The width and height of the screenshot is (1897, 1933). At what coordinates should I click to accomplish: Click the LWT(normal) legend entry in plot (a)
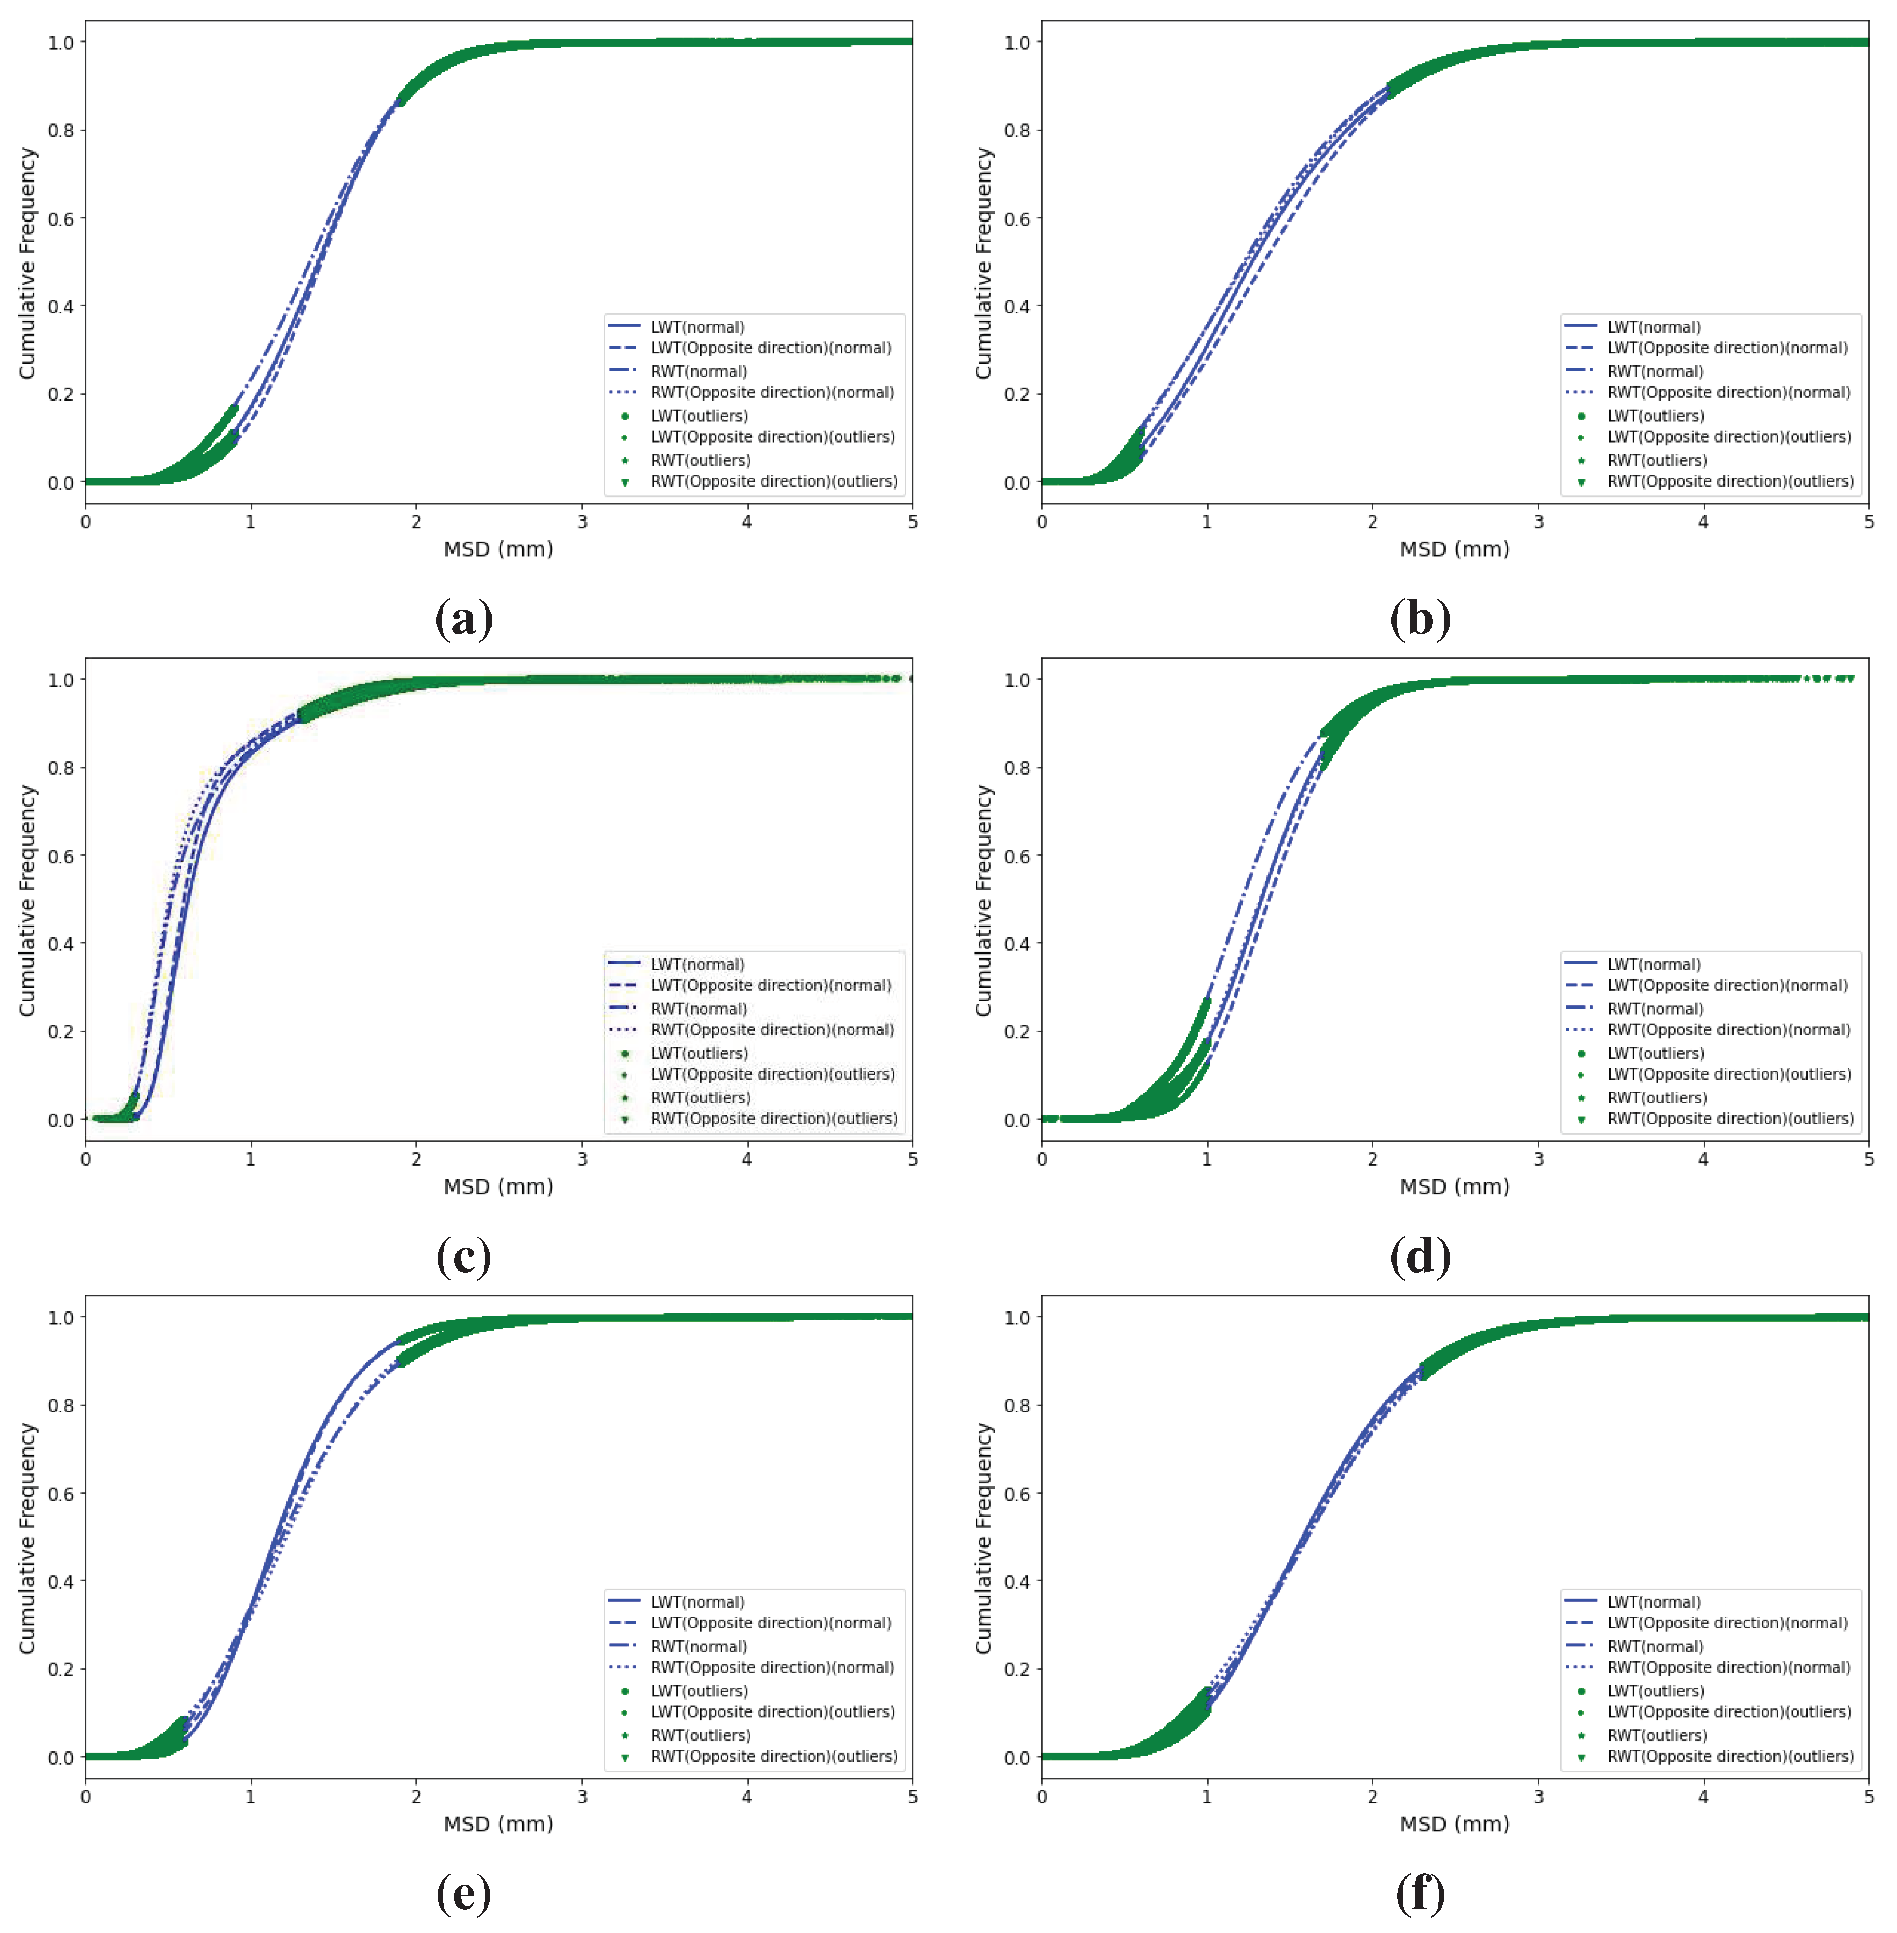click(698, 327)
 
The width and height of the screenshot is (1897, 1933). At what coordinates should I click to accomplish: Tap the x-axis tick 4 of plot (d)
click(1704, 1159)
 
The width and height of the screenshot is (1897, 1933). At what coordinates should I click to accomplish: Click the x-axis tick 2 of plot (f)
click(1373, 1797)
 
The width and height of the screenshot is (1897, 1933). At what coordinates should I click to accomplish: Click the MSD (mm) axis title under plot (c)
click(498, 1186)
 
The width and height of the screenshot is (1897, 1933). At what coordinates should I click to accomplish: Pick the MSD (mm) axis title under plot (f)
click(1455, 1824)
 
